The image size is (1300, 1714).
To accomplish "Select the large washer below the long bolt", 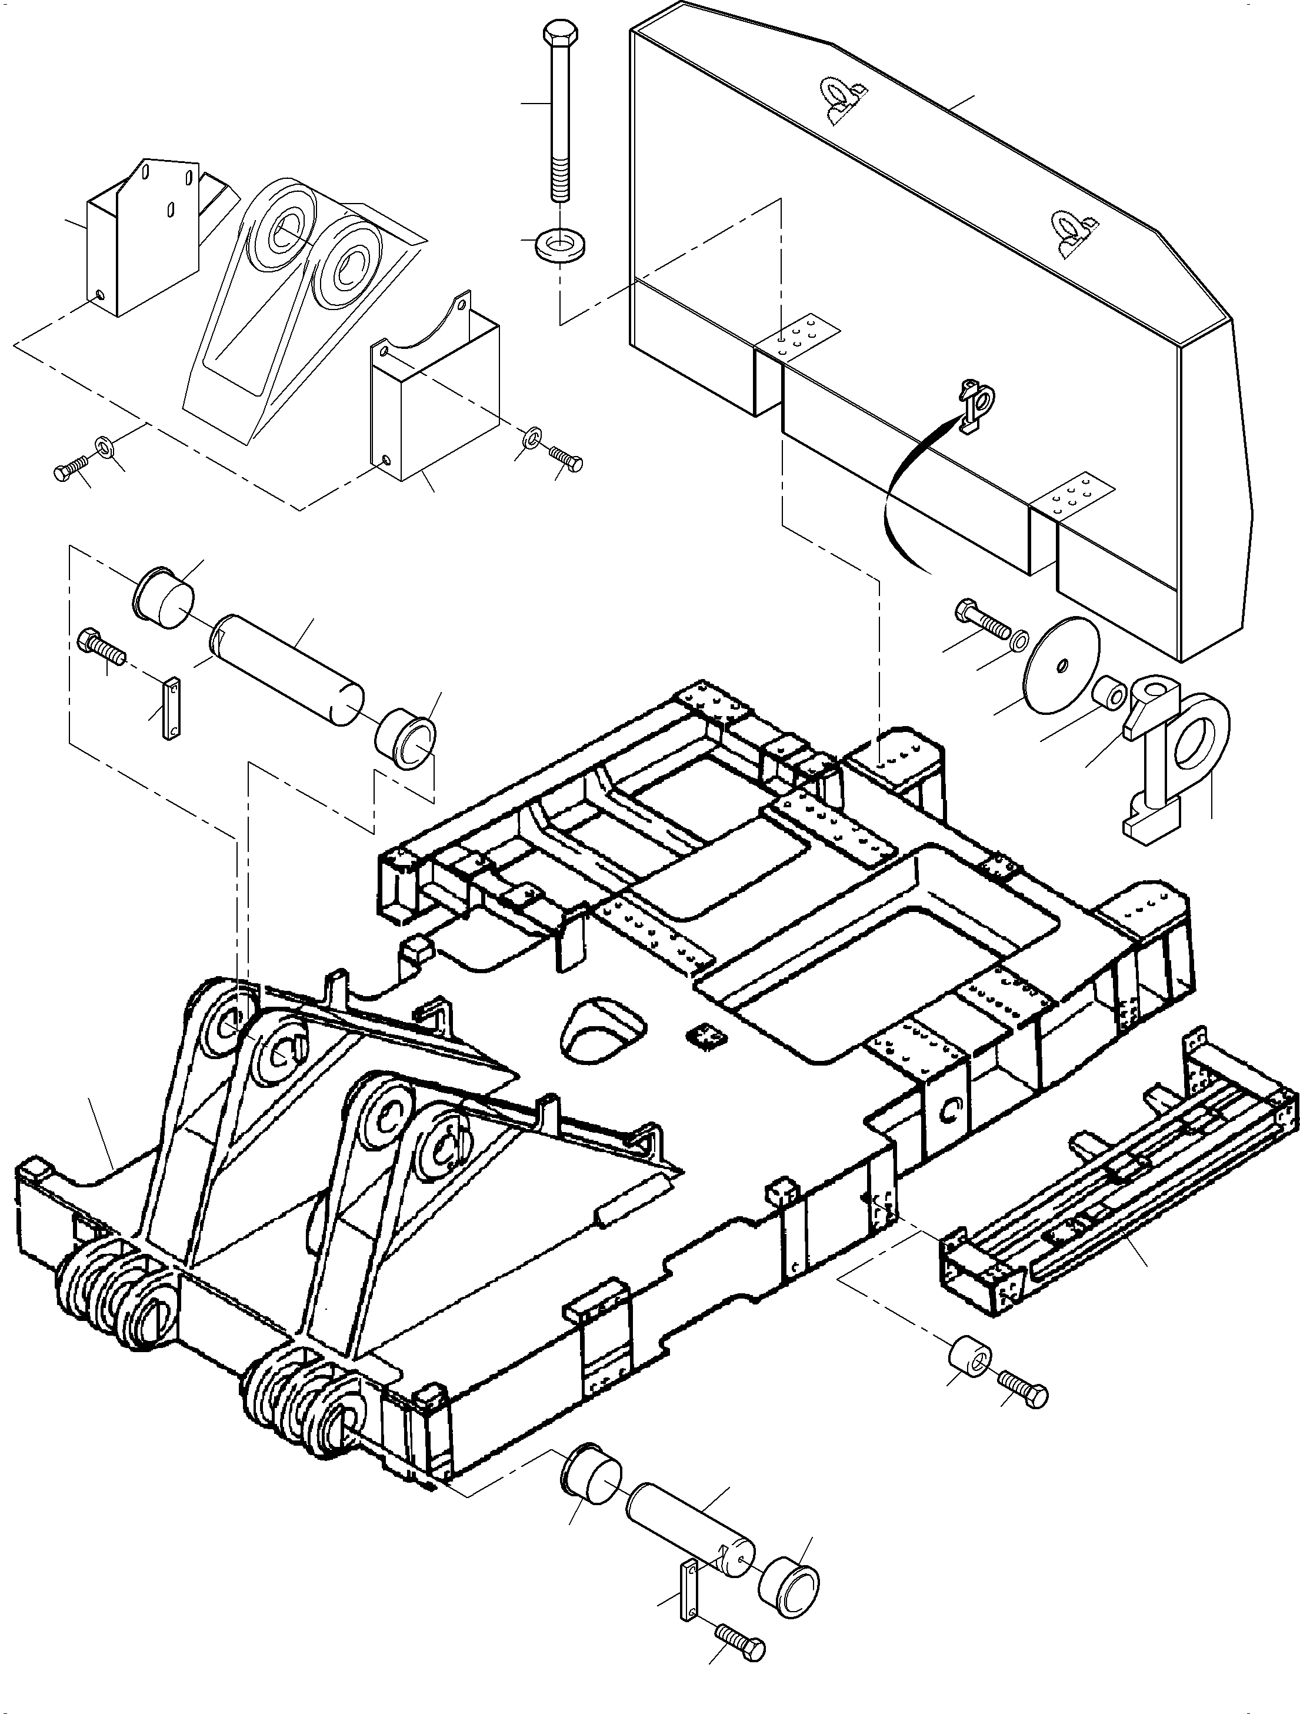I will click(x=560, y=245).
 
